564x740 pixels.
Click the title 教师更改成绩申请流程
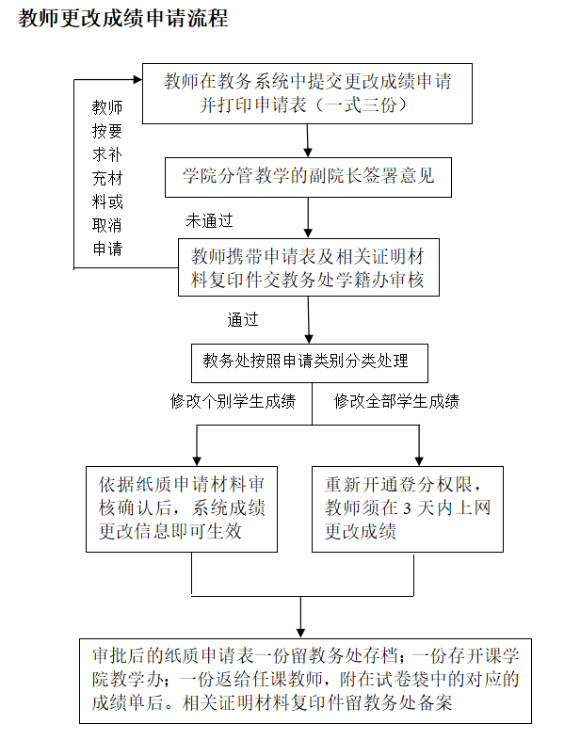coord(123,20)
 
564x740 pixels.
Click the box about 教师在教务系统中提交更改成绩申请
coord(307,92)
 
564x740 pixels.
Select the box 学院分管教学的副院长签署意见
coord(308,175)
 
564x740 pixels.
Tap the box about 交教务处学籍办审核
coord(308,267)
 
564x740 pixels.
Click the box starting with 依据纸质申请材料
coord(182,508)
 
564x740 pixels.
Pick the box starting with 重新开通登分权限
coord(407,508)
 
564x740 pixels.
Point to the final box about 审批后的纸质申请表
coord(306,679)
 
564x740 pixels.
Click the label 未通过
coord(209,222)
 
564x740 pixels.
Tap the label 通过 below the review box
coord(242,319)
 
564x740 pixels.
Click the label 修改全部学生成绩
coord(396,401)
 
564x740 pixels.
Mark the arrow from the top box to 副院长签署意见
coord(308,140)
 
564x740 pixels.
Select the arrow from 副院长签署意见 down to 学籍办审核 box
coord(308,217)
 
